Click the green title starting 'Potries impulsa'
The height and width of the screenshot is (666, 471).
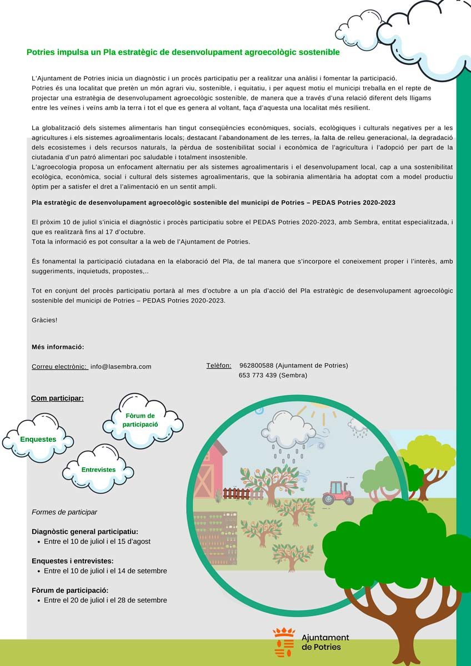pyautogui.click(x=183, y=52)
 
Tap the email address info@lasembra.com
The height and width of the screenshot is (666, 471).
pyautogui.click(x=121, y=366)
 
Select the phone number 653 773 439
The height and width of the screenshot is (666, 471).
pyautogui.click(x=258, y=375)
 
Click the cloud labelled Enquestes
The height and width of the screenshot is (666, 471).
pyautogui.click(x=38, y=439)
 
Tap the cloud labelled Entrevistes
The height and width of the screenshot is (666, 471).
pyautogui.click(x=98, y=470)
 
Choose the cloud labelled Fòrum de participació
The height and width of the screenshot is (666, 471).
pyautogui.click(x=141, y=420)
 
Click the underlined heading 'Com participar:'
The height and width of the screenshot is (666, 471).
pyautogui.click(x=57, y=398)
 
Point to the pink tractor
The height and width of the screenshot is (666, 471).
pyautogui.click(x=338, y=492)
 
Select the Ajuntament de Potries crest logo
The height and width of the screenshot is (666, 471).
pyautogui.click(x=284, y=642)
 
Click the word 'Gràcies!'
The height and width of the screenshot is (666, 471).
pyautogui.click(x=44, y=320)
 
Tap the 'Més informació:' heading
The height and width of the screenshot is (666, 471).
pyautogui.click(x=58, y=347)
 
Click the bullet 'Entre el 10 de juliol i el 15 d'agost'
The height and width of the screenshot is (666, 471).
pyautogui.click(x=97, y=541)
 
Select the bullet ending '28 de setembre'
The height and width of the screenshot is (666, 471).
pyautogui.click(x=105, y=600)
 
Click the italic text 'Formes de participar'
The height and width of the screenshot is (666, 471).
pyautogui.click(x=64, y=512)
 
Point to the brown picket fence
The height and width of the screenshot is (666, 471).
pyautogui.click(x=239, y=493)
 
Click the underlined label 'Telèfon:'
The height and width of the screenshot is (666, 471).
pyautogui.click(x=219, y=365)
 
